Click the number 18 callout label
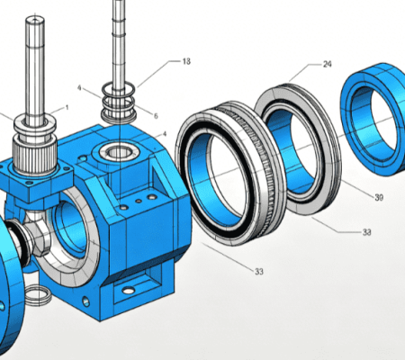(186, 61)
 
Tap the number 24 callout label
(328, 64)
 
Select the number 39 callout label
(379, 197)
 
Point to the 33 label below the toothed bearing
(259, 272)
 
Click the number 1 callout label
(67, 107)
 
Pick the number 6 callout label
(156, 116)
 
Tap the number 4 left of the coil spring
(79, 88)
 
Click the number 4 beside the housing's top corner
(165, 134)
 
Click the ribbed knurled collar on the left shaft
(35, 156)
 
